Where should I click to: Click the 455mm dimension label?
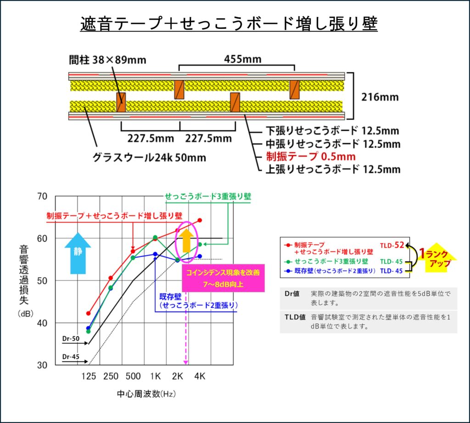point(243,59)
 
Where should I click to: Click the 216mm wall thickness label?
point(380,97)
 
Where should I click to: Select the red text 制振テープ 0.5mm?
point(311,156)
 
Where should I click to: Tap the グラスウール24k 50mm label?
point(149,157)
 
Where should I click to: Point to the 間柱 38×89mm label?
point(107,60)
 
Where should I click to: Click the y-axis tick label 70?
point(42,196)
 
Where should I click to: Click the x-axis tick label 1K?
point(155,376)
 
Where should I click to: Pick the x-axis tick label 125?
point(89,376)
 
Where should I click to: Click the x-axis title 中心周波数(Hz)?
point(146,394)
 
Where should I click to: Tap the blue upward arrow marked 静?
point(78,253)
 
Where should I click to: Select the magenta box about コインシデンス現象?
point(224,278)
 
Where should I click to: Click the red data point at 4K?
point(200,221)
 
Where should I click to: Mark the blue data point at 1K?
point(155,254)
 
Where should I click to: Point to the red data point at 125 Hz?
point(89,313)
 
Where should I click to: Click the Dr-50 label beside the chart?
point(71,339)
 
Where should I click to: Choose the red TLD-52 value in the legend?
point(392,245)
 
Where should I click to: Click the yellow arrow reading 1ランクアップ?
point(437,257)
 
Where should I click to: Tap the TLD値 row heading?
point(295,317)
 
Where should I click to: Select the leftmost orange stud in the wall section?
point(121,102)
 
